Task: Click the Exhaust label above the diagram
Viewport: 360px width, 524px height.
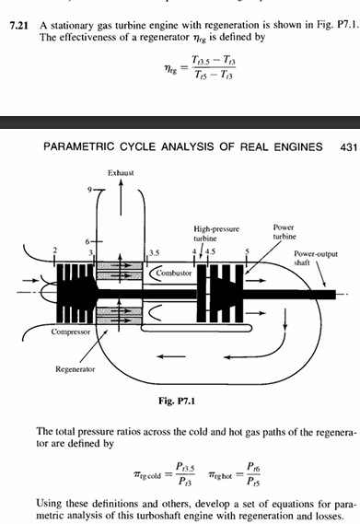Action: (121, 172)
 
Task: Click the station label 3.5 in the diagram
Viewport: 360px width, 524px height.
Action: (155, 251)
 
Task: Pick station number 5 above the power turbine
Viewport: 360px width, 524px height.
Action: (247, 250)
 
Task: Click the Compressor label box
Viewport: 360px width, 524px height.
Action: (68, 332)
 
